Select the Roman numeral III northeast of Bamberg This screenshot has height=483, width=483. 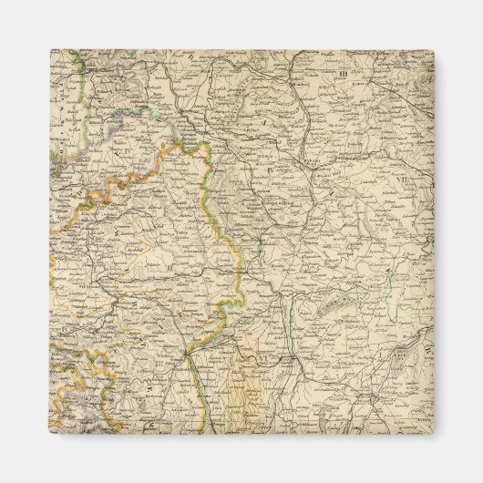tap(342, 73)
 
